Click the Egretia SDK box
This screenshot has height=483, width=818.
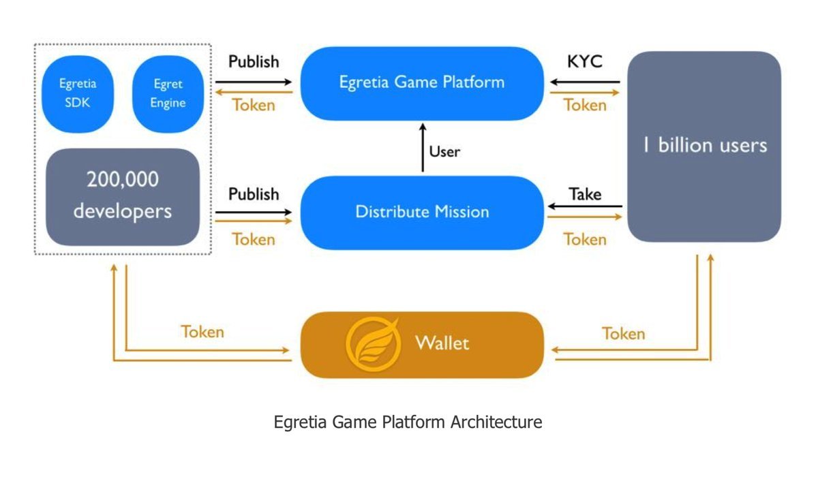coord(77,94)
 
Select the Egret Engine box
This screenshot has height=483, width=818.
coord(168,94)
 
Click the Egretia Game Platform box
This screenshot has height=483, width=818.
coord(422,82)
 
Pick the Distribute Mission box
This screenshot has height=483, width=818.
coord(422,212)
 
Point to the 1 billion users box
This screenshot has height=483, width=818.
coord(703,146)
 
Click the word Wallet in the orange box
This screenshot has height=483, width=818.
coord(442,342)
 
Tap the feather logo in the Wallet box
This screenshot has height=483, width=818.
coord(372,343)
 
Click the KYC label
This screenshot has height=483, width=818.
coord(584,62)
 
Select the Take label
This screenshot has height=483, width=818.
coord(585,194)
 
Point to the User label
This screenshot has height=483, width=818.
coord(444,151)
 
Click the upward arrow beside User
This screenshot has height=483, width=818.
coord(423,148)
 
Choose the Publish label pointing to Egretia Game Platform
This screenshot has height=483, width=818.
coord(254,61)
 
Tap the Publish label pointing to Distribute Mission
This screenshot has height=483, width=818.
coord(254,194)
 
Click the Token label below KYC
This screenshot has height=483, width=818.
coord(585,105)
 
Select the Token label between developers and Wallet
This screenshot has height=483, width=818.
coord(202,332)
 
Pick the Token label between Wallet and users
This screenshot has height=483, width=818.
coord(623,333)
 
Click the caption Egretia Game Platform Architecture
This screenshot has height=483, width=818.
coord(408,422)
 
